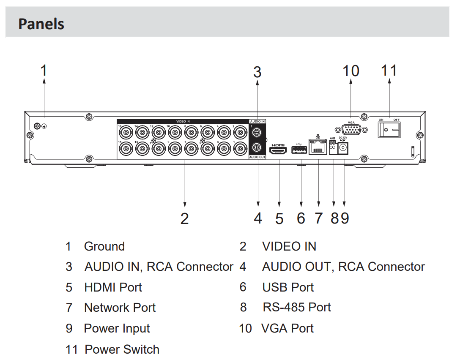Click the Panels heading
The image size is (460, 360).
tap(41, 24)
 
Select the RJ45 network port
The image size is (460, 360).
tap(318, 148)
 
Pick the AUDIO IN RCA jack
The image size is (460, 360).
tap(256, 132)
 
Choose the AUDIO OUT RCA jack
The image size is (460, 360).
tap(256, 148)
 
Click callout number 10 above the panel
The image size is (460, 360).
tap(350, 71)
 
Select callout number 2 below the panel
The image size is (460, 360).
tap(184, 218)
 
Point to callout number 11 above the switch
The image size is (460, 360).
tap(389, 71)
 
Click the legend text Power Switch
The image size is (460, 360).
tap(122, 349)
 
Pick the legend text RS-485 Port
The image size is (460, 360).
tap(296, 307)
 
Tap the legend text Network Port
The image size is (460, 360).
tap(120, 308)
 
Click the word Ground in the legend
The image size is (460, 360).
tap(104, 246)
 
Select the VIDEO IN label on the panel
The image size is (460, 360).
tap(183, 121)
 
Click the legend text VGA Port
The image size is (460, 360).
tap(287, 328)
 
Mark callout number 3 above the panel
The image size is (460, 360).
tap(257, 72)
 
